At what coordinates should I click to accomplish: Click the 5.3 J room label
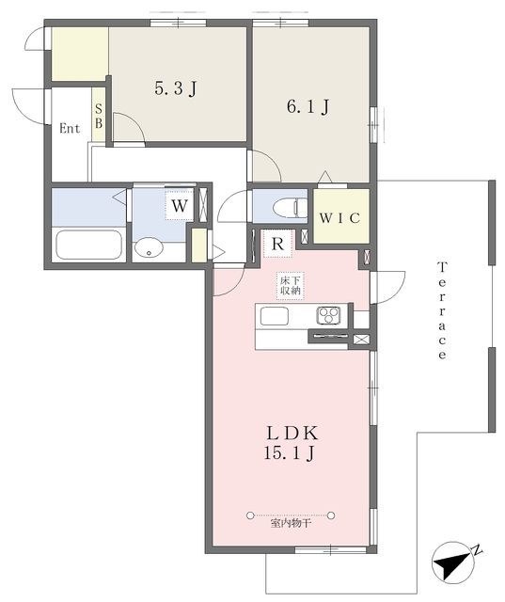point(176,88)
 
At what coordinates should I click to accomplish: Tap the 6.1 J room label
point(308,106)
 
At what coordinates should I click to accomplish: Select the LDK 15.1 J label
point(292,443)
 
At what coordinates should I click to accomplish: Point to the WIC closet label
point(340,218)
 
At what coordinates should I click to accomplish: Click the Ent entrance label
point(70,128)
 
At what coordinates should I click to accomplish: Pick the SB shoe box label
point(99,117)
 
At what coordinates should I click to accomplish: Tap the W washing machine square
point(180,206)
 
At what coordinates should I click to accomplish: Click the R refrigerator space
point(277,244)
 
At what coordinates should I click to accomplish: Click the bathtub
point(88,245)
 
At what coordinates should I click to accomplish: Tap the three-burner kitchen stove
point(328,316)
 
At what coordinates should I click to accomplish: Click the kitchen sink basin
point(275,316)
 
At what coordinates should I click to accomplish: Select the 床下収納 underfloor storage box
point(291,285)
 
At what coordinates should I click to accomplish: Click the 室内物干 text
point(291,523)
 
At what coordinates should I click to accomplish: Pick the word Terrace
point(442,310)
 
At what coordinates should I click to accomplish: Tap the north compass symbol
point(450,562)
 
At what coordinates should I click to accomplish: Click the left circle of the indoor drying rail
point(250,515)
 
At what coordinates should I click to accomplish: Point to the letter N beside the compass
point(477,549)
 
